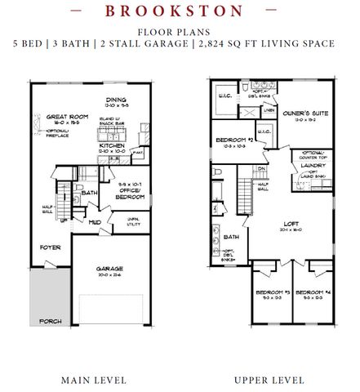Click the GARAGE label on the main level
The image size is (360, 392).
click(112, 270)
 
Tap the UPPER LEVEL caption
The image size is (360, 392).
click(270, 381)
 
